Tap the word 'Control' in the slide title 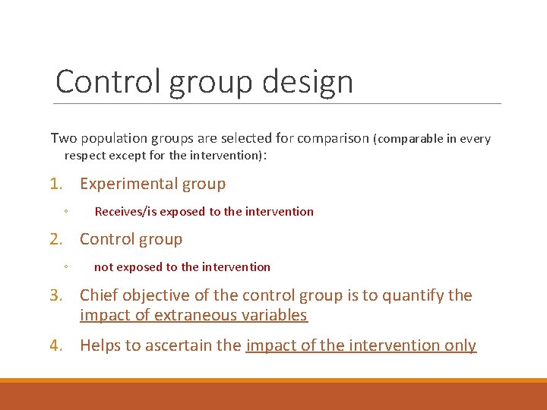coord(108,81)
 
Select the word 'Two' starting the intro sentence coord(63,139)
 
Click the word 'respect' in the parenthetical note coord(85,156)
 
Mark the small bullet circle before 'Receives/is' coord(67,213)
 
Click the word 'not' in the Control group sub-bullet coord(103,267)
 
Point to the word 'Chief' coord(98,295)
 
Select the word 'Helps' coord(100,345)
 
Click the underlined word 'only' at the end coord(460,345)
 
